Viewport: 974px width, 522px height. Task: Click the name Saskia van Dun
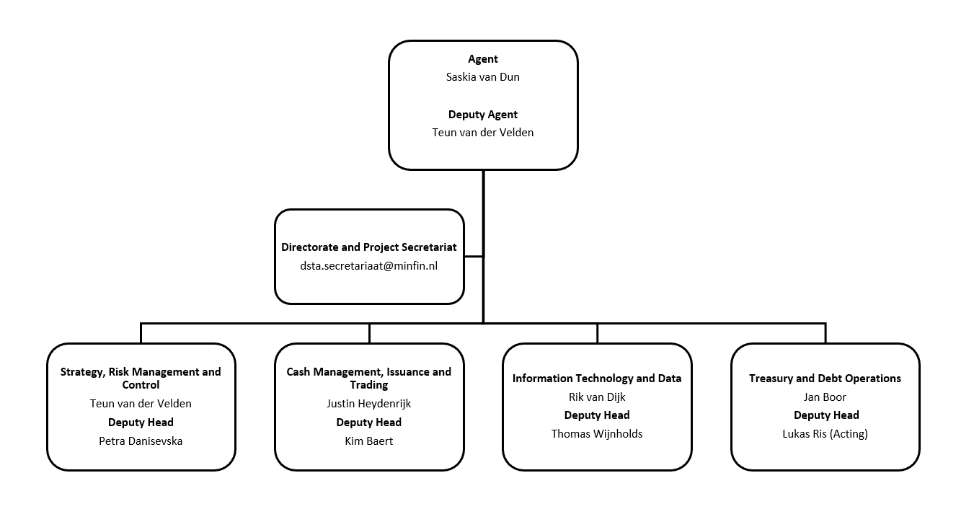point(482,77)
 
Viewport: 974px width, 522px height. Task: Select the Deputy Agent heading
point(482,115)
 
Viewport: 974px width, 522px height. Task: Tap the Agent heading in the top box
point(482,59)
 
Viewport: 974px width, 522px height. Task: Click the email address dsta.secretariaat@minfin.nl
point(368,266)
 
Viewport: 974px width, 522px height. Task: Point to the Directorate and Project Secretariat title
point(368,247)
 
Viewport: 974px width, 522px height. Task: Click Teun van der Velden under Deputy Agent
point(482,133)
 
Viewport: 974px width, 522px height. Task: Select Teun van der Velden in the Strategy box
point(141,404)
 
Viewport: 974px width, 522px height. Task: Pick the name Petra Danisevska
point(141,441)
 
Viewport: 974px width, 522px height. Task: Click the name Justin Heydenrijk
point(368,404)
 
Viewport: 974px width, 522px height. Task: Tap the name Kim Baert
point(368,441)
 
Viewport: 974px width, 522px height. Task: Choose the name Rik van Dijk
point(597,397)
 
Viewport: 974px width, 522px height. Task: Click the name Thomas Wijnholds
point(597,434)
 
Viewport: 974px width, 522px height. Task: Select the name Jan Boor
point(825,397)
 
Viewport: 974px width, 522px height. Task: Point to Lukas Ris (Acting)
point(825,434)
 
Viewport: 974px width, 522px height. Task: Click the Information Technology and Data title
point(597,379)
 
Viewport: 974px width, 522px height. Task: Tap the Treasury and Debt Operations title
point(825,379)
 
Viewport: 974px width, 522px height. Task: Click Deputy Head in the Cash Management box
point(368,423)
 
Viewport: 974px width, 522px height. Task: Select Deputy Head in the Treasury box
point(826,415)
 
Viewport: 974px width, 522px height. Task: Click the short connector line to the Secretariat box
point(474,256)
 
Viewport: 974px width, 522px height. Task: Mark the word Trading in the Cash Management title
point(368,385)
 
